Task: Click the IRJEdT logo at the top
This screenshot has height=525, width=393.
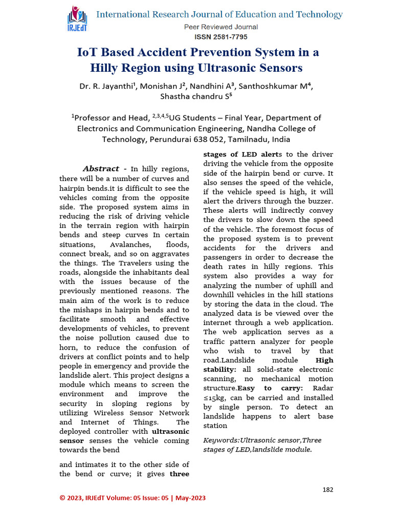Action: click(x=77, y=21)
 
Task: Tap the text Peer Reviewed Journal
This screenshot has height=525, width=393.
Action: click(x=221, y=27)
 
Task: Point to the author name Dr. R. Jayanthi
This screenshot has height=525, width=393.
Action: click(x=106, y=86)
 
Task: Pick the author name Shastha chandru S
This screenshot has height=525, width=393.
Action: click(x=196, y=96)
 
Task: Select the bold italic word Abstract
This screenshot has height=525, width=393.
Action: click(x=101, y=169)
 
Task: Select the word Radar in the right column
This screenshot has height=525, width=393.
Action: click(x=322, y=388)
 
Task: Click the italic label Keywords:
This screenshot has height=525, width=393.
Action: click(x=223, y=440)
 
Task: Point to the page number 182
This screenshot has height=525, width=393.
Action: click(x=328, y=490)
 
